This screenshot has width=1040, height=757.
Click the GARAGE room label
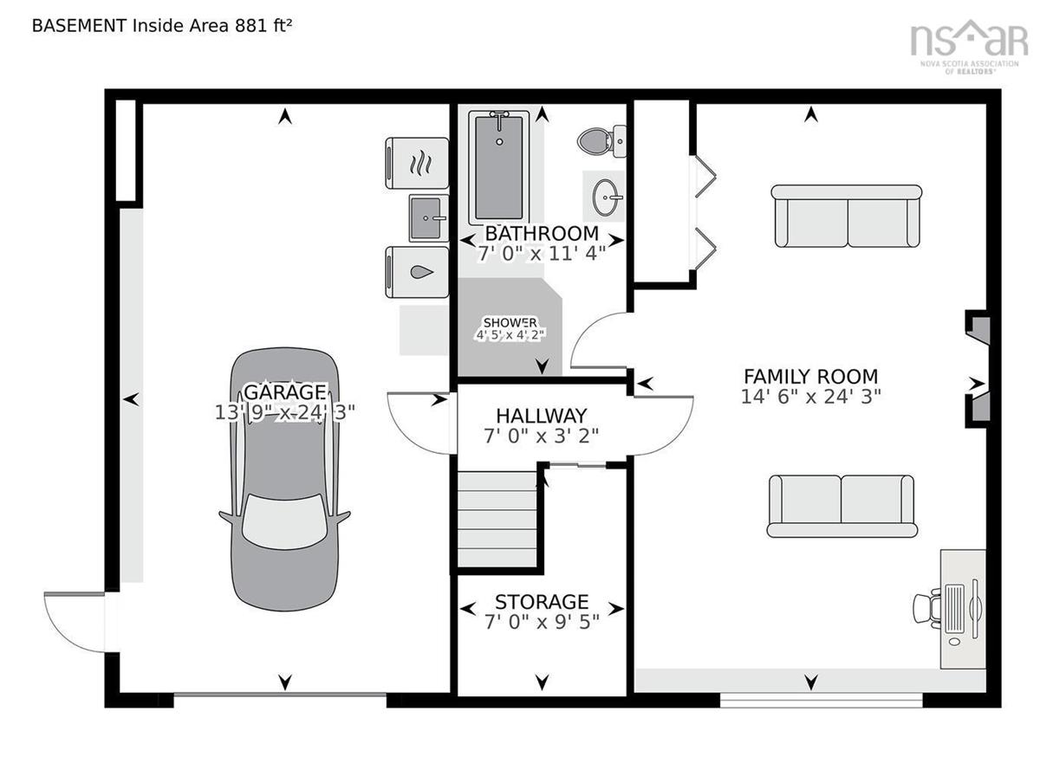point(284,392)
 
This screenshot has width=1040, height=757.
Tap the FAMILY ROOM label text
point(810,377)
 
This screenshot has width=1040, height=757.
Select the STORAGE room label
point(542,602)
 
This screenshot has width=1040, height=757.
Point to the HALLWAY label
point(542,416)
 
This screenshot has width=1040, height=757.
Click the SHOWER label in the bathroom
point(510,322)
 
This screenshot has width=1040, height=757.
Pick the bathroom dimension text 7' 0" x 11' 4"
point(542,254)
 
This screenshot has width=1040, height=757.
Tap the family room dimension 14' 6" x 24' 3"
point(810,397)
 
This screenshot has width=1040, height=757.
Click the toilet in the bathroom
point(601,140)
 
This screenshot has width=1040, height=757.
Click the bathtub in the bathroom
point(499,167)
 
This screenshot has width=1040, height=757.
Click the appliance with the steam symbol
point(417,163)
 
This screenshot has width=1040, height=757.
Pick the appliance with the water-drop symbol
point(417,272)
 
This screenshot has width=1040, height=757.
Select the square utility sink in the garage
point(428,218)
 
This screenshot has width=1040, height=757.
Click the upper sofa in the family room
point(847,217)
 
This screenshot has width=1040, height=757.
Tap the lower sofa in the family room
point(842,507)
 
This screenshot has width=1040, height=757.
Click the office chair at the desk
point(926,609)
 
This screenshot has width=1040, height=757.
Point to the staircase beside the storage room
point(497,519)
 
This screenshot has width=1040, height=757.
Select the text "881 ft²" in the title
point(263,25)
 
